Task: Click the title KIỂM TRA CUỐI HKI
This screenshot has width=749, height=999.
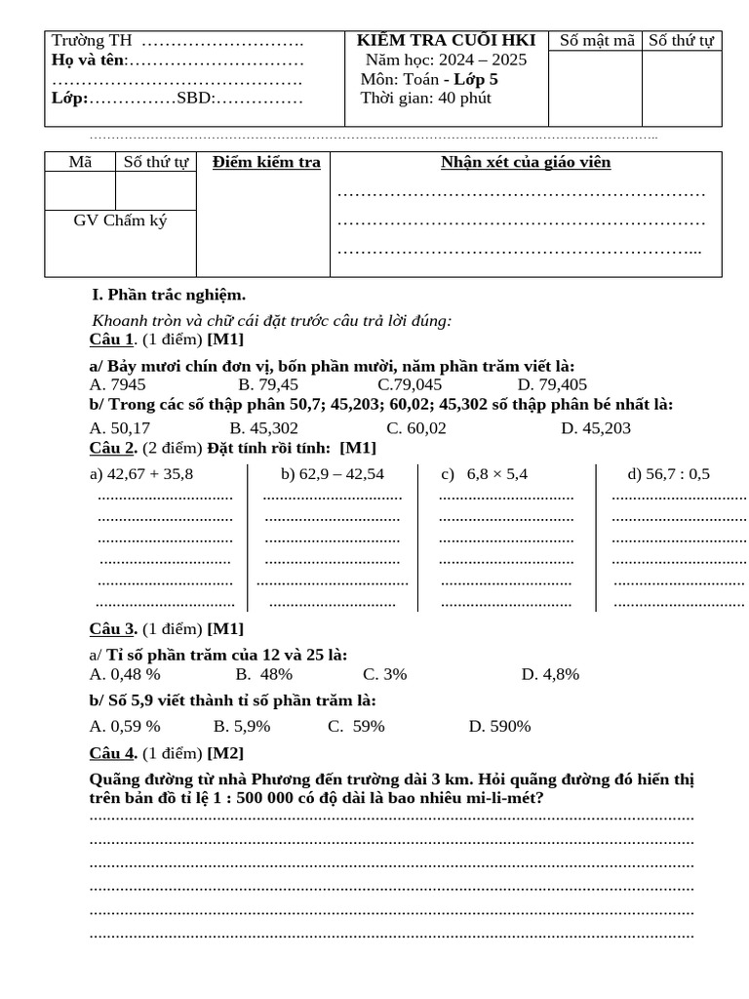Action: [446, 40]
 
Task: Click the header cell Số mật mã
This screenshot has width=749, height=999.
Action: [595, 40]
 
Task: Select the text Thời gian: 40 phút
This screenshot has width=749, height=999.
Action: [426, 98]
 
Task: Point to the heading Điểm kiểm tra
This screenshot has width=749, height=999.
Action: [266, 162]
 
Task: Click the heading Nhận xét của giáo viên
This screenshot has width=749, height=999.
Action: [526, 162]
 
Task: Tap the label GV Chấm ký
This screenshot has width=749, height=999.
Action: [120, 220]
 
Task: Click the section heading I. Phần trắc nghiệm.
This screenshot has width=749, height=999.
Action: [168, 295]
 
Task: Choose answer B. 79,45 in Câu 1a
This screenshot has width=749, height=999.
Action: [268, 384]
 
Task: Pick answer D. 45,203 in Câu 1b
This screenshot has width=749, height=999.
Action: [596, 427]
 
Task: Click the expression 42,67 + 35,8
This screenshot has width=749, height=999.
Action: [141, 474]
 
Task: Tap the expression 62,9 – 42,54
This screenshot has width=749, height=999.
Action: [332, 474]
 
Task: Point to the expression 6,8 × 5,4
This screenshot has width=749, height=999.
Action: [496, 474]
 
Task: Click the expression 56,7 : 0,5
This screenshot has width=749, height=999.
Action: [669, 474]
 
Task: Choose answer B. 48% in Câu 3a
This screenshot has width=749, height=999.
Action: [264, 673]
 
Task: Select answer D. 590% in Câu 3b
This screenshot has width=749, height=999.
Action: [499, 726]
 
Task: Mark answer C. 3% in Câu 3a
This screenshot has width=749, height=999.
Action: [384, 673]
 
